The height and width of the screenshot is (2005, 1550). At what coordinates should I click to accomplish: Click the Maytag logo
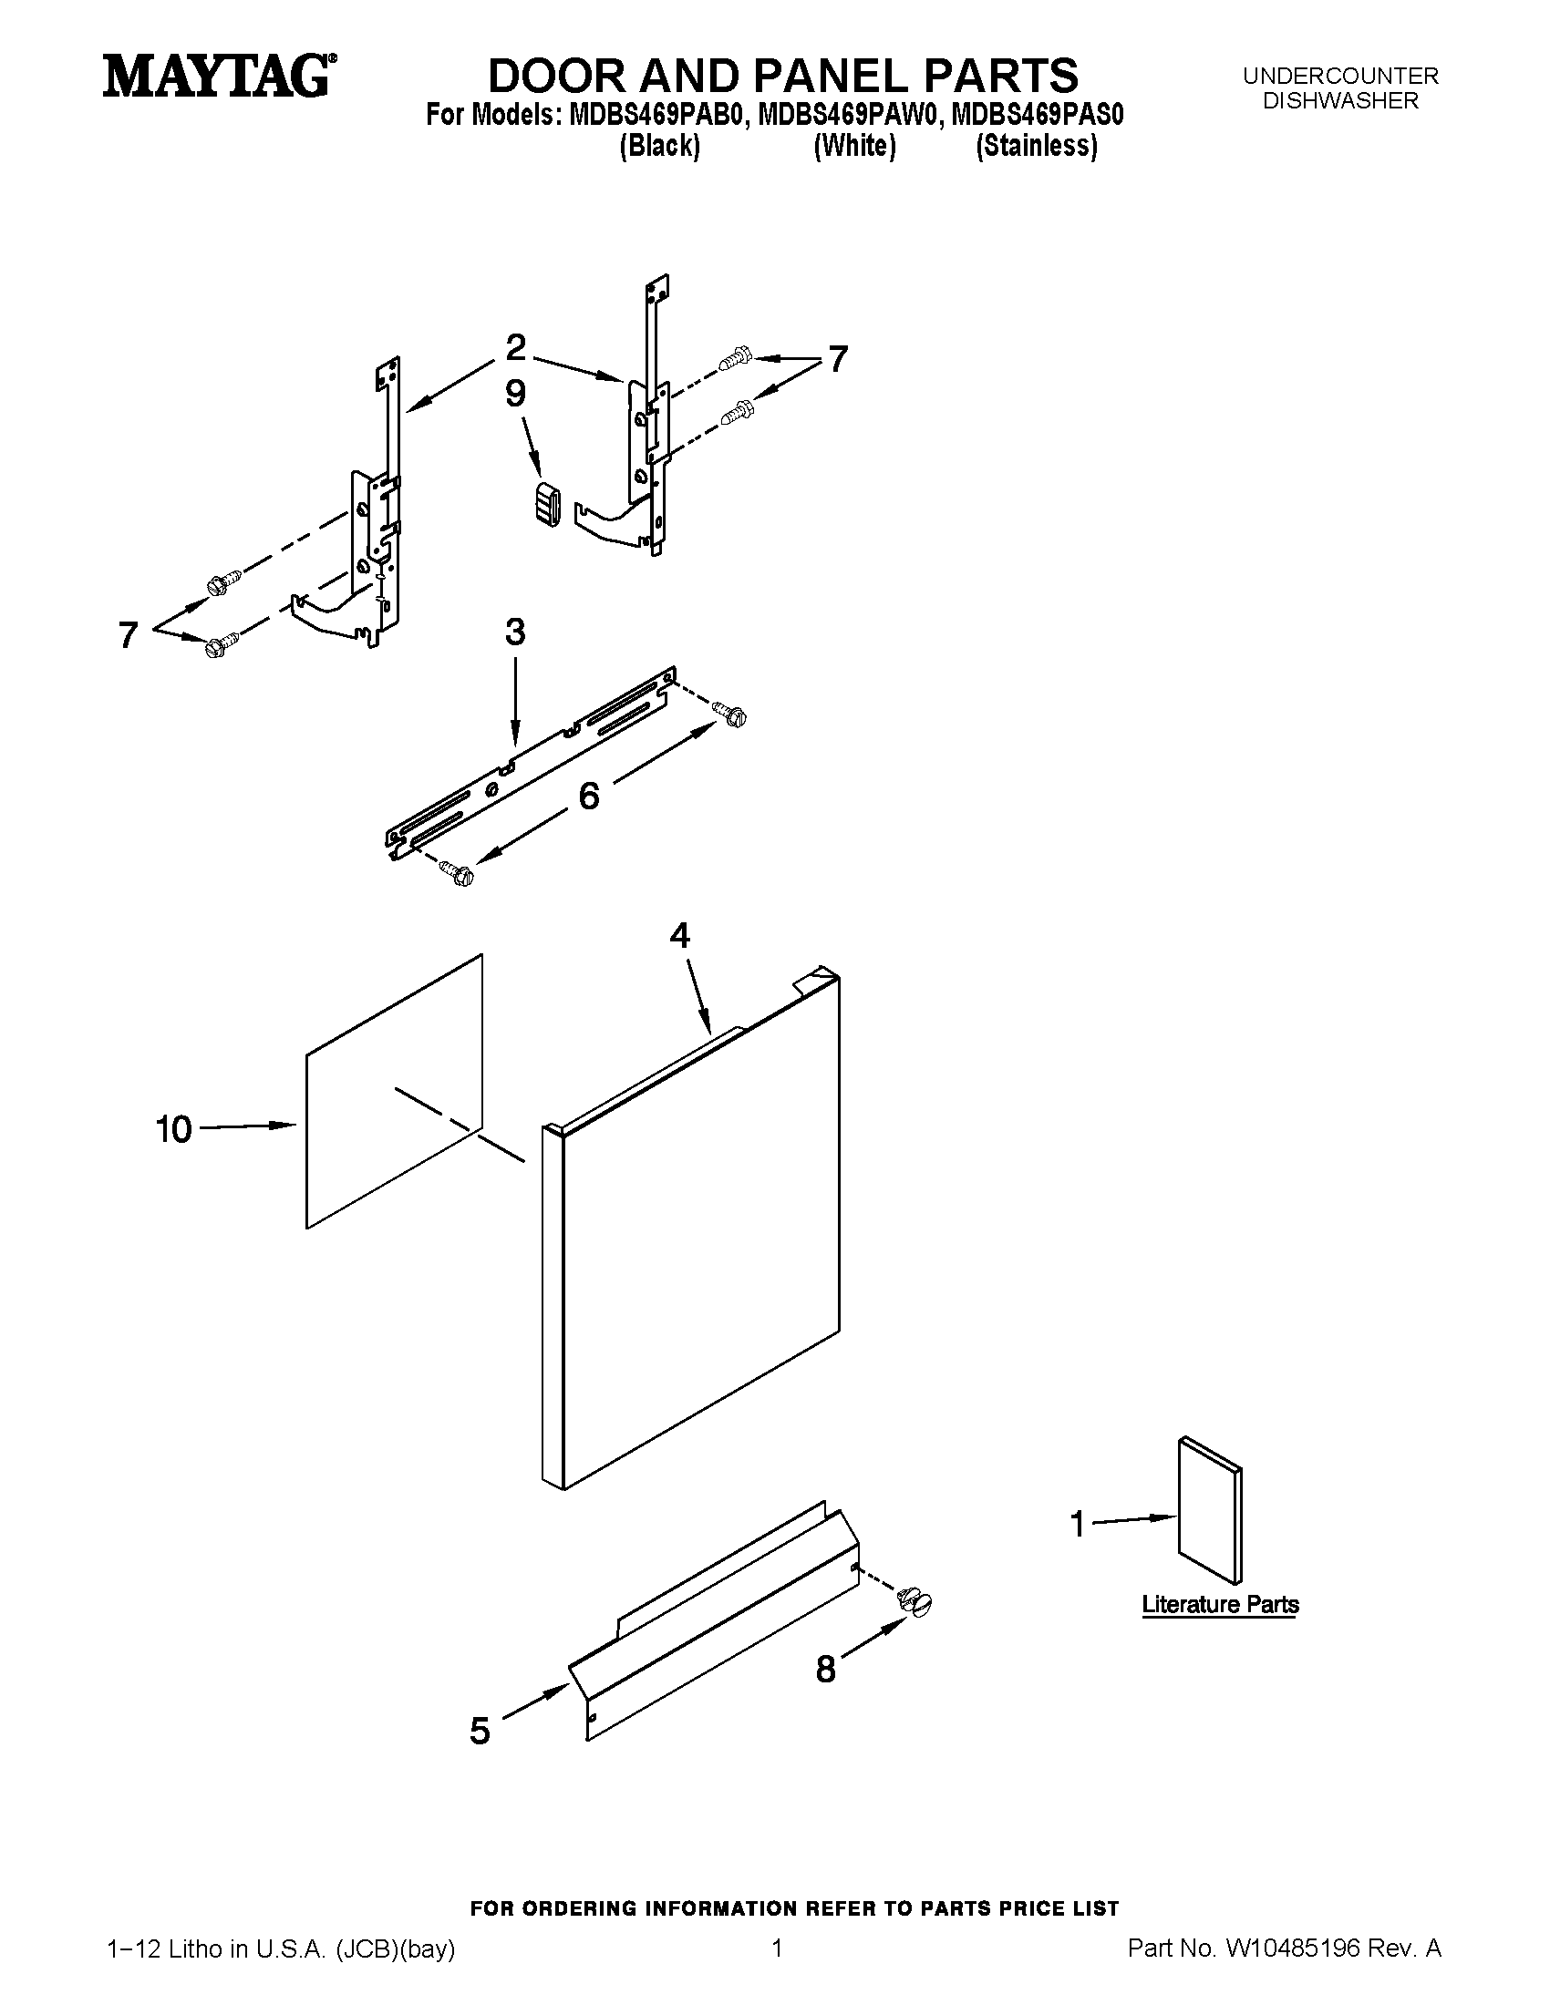coord(219,76)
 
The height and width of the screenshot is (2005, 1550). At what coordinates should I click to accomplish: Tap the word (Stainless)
coord(1037,146)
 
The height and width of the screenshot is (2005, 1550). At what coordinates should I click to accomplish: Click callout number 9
coord(516,394)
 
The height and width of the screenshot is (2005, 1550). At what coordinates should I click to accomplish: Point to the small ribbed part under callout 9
coord(547,502)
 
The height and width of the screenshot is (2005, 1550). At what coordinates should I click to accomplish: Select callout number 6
coord(589,795)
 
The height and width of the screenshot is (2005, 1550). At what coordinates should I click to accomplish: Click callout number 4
coord(679,935)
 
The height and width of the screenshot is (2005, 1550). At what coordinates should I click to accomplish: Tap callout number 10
coord(173,1129)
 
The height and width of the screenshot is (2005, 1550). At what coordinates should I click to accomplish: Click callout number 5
coord(480,1731)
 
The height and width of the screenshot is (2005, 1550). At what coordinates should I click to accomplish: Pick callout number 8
coord(825,1669)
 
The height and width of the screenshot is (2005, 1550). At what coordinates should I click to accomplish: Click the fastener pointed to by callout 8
coord(914,1602)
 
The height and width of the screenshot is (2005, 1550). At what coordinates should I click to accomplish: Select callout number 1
coord(1078,1525)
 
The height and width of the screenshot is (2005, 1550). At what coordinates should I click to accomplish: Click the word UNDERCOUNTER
coord(1340,77)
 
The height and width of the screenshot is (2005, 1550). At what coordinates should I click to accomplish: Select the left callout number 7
coord(129,635)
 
